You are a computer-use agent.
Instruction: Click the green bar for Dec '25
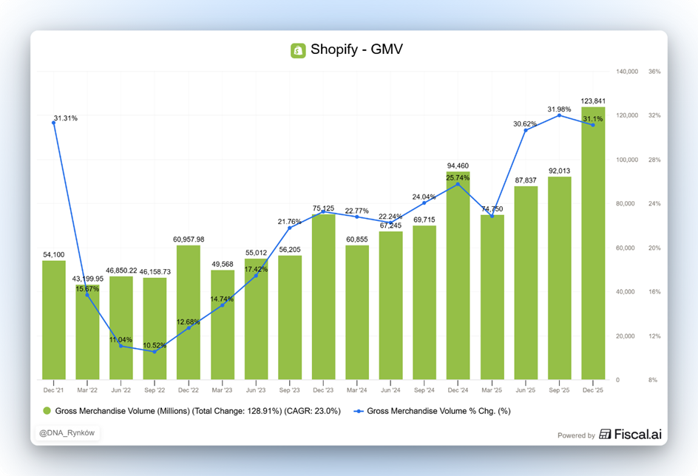[x=593, y=244]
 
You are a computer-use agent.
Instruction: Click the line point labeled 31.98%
[x=559, y=115]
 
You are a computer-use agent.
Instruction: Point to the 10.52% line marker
[x=155, y=352]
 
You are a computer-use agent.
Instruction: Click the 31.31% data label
[x=66, y=118]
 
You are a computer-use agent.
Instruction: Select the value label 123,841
[x=593, y=101]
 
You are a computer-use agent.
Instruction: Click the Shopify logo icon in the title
[x=298, y=50]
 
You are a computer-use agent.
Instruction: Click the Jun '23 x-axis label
[x=256, y=390]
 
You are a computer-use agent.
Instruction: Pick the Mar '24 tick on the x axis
[x=357, y=390]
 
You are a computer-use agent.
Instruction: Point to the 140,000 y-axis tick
[x=627, y=72]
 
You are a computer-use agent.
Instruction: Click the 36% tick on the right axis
[x=654, y=72]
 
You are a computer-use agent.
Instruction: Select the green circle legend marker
[x=47, y=411]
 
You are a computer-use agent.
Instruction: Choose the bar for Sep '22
[x=155, y=329]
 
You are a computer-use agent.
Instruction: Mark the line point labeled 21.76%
[x=289, y=228]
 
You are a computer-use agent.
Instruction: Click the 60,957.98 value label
[x=189, y=239]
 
